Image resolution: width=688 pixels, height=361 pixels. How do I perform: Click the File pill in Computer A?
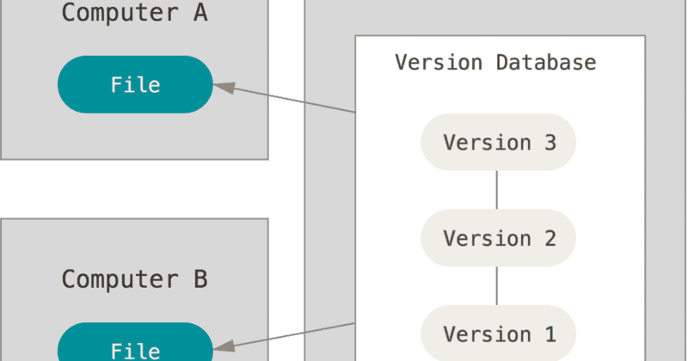135,85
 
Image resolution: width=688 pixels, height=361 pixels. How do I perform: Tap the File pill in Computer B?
135,348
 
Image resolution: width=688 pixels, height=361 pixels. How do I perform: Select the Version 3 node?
499,142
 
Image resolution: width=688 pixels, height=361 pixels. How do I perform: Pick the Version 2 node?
499,238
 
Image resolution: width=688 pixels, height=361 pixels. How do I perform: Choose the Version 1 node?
499,333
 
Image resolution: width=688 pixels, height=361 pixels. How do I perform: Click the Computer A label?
135,15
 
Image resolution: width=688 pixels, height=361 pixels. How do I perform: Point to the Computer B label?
135,279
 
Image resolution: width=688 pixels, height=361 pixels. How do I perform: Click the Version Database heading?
495,63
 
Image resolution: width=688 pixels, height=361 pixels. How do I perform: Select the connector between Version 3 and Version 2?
498,190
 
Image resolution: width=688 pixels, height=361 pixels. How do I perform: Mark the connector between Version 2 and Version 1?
498,286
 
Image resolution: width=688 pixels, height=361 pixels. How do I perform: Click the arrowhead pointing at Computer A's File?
222,86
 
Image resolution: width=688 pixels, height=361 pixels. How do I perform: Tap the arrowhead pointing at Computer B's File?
222,347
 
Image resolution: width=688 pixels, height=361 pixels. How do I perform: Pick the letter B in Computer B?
200,279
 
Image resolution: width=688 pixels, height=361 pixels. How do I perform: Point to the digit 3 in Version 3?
550,142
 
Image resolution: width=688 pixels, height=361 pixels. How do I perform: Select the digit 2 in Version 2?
550,238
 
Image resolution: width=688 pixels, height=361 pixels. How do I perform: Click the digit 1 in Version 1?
550,333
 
